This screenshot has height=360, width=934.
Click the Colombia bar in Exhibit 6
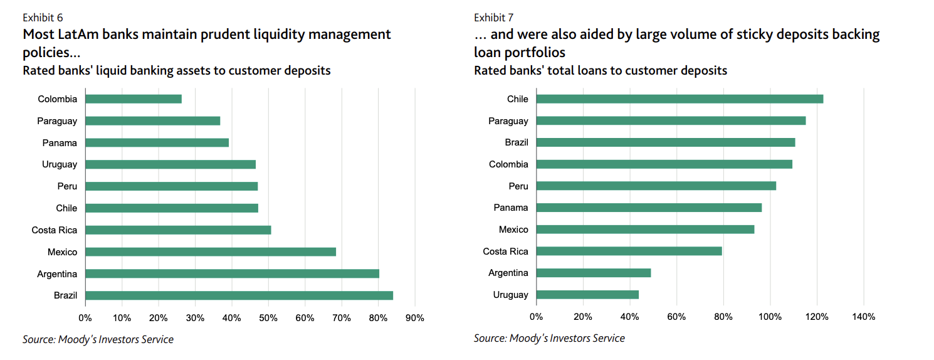coord(134,99)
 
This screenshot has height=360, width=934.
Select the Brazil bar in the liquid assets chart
coord(239,295)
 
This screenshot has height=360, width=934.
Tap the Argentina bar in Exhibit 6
coord(232,273)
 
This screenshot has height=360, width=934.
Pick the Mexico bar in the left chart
coord(211,251)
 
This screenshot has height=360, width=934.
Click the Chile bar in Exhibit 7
coord(680,99)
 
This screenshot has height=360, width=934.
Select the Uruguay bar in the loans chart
coord(587,295)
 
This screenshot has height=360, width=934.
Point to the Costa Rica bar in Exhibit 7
coord(629,251)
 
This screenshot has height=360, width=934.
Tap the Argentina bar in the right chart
coord(594,273)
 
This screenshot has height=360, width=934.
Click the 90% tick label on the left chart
coord(415,317)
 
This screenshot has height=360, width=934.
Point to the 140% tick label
coord(863,317)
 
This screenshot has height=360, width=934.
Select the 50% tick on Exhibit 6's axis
coord(268,317)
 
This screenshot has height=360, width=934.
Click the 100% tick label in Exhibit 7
coord(770,317)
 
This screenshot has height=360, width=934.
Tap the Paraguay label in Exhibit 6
coord(57,121)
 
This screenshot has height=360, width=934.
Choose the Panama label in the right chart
coord(511,208)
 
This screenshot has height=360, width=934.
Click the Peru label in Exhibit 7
coord(518,186)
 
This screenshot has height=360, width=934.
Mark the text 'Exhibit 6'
coord(43,18)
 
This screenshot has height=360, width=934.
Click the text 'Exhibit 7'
coord(494,18)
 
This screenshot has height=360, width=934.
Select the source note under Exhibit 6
coord(98,339)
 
